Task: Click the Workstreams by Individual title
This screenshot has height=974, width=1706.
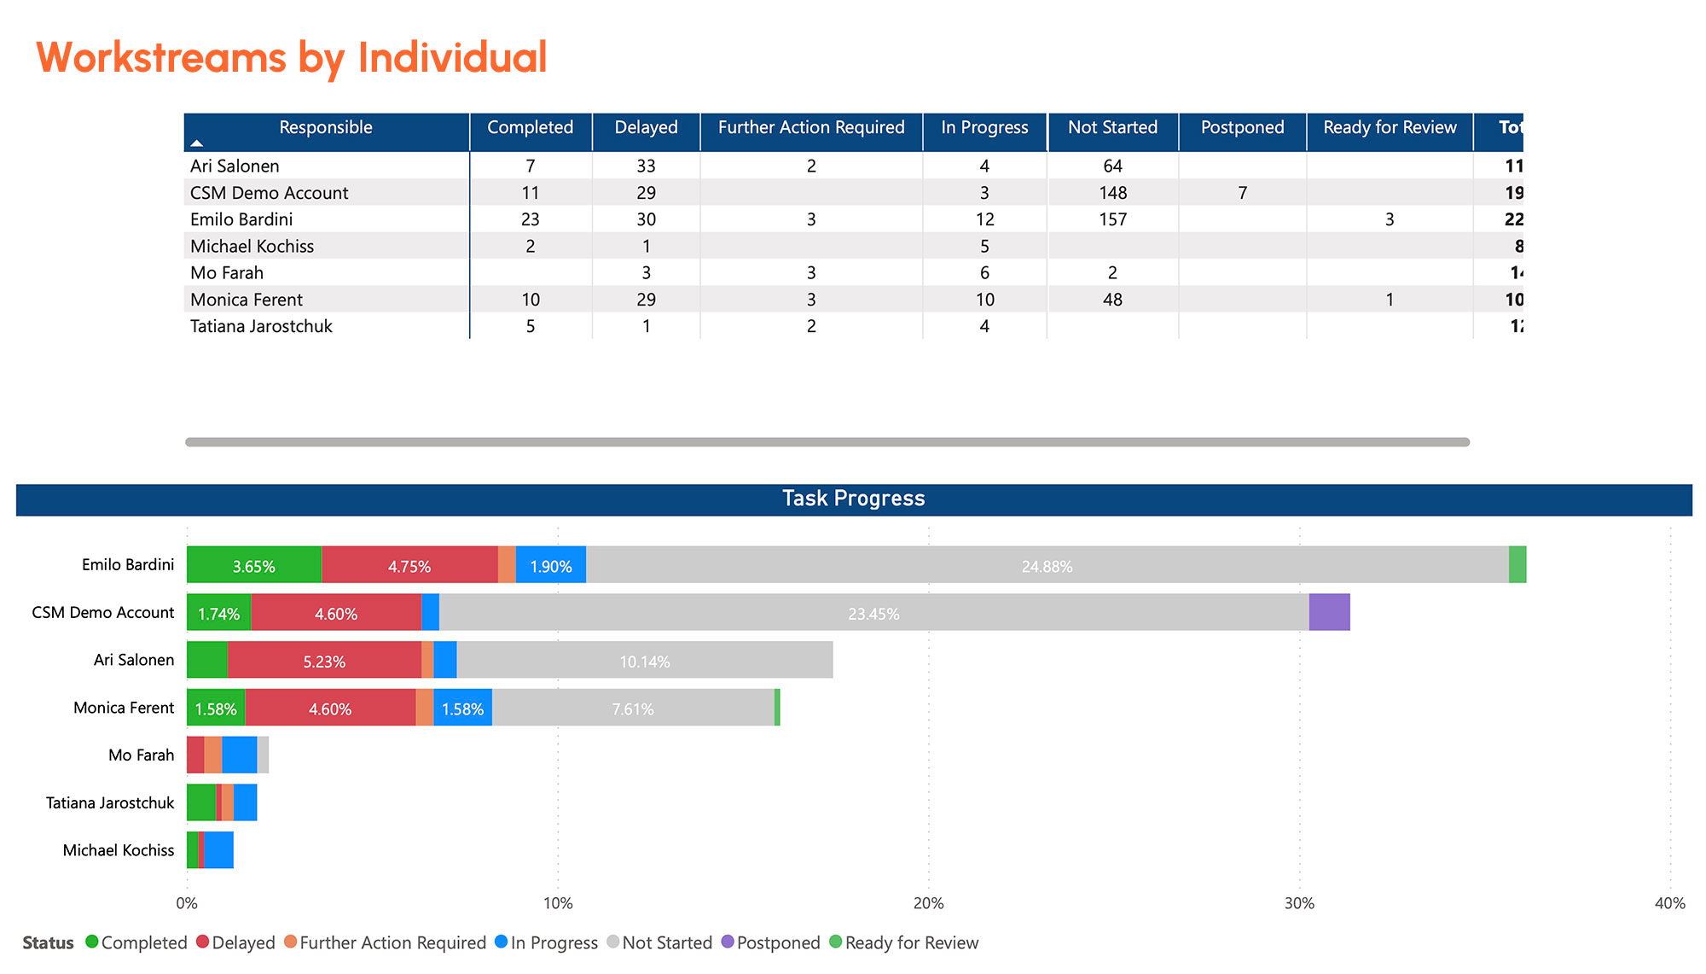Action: click(291, 58)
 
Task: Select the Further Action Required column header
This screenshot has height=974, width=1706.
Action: click(810, 128)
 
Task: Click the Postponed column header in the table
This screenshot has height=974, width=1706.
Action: click(1242, 128)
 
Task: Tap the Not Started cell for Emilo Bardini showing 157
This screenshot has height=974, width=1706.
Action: click(1112, 219)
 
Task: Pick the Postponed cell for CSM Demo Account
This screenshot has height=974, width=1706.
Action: click(1242, 193)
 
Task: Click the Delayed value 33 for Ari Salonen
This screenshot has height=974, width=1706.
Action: click(646, 166)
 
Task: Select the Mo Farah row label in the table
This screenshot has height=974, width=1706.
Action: click(227, 273)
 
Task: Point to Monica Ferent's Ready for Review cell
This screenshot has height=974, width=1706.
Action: click(1389, 300)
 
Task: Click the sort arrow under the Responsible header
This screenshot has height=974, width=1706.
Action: click(197, 143)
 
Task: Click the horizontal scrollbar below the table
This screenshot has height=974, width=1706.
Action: click(827, 442)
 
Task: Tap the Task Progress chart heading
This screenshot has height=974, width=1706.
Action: click(853, 499)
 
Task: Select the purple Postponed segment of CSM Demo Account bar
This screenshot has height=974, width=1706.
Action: click(1329, 612)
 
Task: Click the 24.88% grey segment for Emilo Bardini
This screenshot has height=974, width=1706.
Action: click(1047, 565)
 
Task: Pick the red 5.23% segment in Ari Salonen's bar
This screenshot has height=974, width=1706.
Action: click(324, 661)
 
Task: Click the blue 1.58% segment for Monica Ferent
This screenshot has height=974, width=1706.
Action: click(462, 708)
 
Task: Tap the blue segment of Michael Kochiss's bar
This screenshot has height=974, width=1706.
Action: click(219, 850)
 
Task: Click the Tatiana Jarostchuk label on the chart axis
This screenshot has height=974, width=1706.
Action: click(110, 803)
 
